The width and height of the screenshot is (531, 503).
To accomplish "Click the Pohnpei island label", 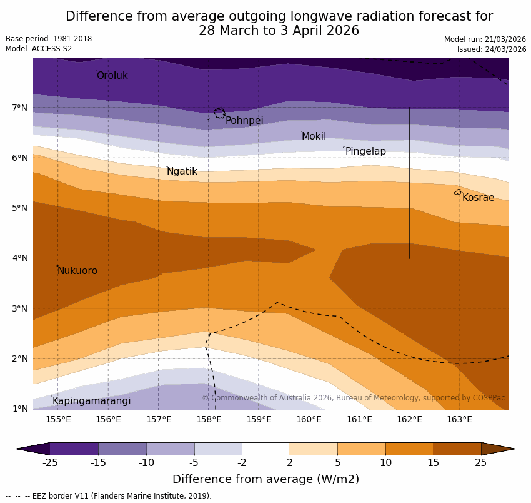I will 244,121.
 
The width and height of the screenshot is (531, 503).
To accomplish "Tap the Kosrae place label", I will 478,198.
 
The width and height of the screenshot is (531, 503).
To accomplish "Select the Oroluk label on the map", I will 112,76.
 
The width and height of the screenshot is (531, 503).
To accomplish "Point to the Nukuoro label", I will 77,271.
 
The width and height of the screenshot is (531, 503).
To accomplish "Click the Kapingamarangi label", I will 91,401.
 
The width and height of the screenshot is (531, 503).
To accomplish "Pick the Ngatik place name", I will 182,171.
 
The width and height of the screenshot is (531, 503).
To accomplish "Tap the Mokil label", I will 314,136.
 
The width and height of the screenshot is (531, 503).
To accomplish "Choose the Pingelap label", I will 365,151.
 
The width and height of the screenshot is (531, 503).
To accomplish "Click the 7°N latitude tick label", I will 20,108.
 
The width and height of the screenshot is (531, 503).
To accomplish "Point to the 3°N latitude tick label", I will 20,308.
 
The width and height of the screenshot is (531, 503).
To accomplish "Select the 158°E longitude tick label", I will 209,419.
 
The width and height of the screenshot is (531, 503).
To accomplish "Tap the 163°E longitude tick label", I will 459,419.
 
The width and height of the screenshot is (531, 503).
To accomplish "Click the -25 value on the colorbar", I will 50,463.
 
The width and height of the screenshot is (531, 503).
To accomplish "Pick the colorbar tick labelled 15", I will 434,463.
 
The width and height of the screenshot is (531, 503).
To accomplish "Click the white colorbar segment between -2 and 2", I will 265,449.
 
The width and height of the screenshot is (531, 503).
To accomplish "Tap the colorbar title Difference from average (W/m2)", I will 265,480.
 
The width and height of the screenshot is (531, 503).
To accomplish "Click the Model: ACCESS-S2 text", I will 39,49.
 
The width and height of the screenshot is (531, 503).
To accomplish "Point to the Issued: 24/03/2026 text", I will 491,49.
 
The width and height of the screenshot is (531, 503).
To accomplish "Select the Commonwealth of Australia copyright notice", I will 353,398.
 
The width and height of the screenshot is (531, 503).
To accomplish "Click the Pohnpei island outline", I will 219,113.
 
